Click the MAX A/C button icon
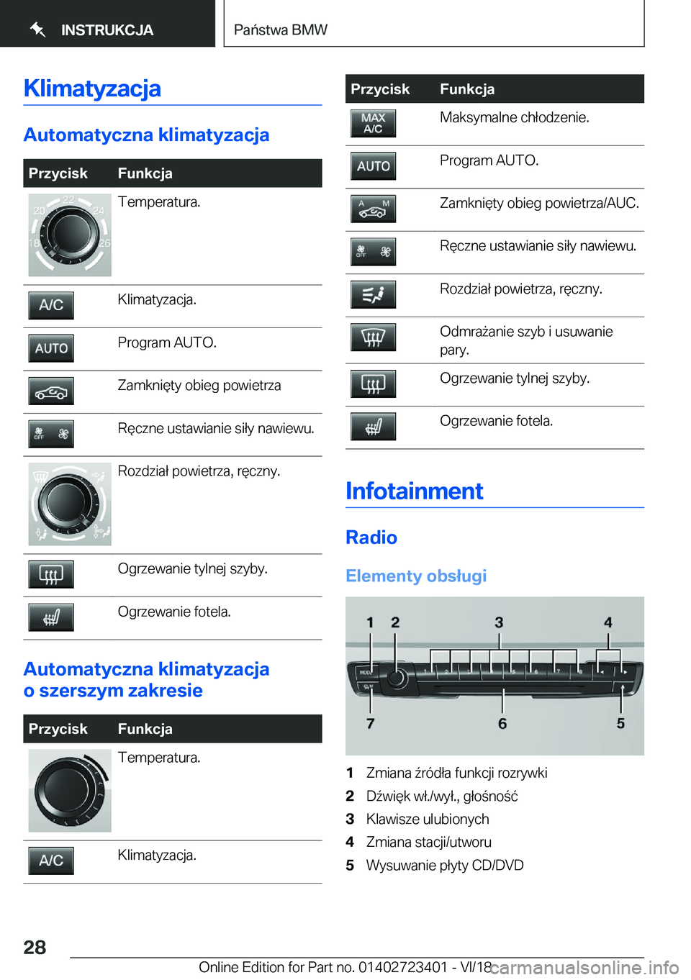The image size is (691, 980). (373, 123)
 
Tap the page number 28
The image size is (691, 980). (35, 947)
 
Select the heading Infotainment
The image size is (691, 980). (414, 491)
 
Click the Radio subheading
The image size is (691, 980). (371, 537)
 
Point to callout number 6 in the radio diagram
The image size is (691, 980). (502, 723)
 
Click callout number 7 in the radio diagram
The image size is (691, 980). (370, 723)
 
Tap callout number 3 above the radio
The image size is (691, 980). (499, 622)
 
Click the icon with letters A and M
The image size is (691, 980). (373, 209)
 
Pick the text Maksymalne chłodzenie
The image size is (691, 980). (514, 117)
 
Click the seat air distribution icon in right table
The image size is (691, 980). (373, 294)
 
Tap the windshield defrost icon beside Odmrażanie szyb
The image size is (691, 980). (373, 337)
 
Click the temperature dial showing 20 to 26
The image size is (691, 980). (70, 235)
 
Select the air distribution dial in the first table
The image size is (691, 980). (70, 504)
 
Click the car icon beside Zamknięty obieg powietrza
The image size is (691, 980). (51, 391)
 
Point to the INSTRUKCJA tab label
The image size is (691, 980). (107, 30)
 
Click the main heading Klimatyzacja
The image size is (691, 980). (92, 88)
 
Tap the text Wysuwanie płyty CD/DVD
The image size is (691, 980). (445, 865)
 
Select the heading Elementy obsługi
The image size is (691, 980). (416, 576)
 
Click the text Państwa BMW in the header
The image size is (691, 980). (281, 30)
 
